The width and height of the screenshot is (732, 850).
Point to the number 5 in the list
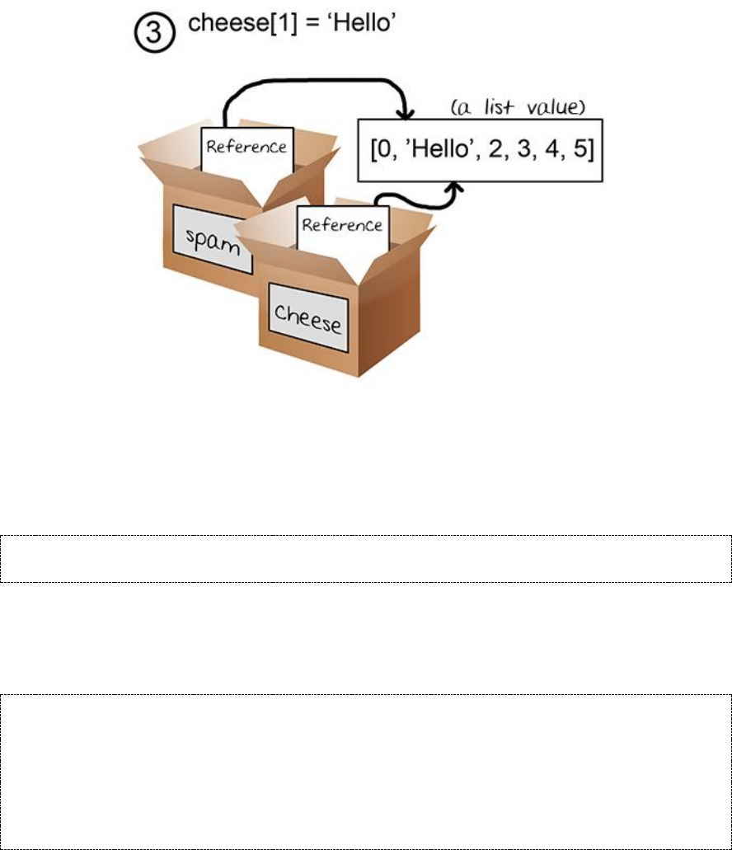pyautogui.click(x=577, y=152)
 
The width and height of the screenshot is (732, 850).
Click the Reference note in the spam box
pyautogui.click(x=246, y=148)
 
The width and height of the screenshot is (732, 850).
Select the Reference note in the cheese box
pyautogui.click(x=342, y=225)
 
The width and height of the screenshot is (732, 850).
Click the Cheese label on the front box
pyautogui.click(x=308, y=317)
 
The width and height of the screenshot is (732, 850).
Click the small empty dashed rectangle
pyautogui.click(x=366, y=559)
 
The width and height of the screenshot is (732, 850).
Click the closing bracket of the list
pyautogui.click(x=589, y=152)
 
